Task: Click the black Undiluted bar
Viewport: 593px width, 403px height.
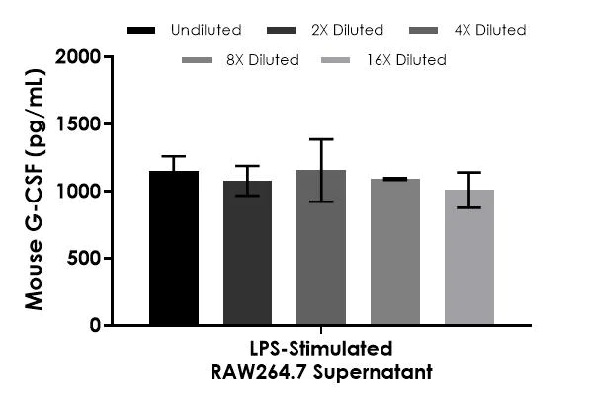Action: coord(174,248)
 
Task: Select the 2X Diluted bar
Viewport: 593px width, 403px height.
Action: coord(247,253)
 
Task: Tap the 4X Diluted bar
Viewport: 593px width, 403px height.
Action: coord(321,247)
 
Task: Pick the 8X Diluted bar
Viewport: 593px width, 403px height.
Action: coord(395,252)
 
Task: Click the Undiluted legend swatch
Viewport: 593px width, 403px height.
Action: coord(142,30)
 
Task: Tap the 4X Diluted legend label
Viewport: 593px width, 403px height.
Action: coord(491,30)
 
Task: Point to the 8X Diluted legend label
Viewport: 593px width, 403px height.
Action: coord(262,60)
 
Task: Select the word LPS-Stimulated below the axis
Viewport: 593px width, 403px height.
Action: coord(321,349)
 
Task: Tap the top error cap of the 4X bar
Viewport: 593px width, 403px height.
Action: coord(321,139)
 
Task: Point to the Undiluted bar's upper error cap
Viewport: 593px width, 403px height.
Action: coord(174,156)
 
